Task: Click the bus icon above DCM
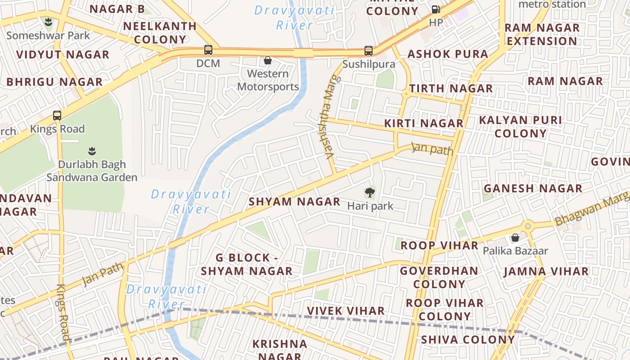click(208, 50)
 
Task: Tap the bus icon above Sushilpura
click(369, 51)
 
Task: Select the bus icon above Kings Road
click(57, 115)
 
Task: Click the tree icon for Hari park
click(370, 193)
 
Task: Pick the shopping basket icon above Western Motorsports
click(268, 60)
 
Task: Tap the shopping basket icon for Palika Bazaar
click(515, 237)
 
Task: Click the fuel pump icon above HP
click(436, 9)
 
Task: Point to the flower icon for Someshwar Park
click(48, 22)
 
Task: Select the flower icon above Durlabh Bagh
click(92, 151)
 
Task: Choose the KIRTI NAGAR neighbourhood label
click(423, 123)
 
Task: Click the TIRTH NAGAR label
click(451, 89)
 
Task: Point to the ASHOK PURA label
click(448, 54)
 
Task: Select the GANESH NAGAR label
click(533, 189)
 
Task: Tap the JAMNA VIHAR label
click(546, 272)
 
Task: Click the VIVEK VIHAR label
click(346, 311)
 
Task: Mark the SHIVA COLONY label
click(468, 340)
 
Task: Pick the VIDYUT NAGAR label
click(63, 55)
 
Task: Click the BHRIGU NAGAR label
click(54, 82)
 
